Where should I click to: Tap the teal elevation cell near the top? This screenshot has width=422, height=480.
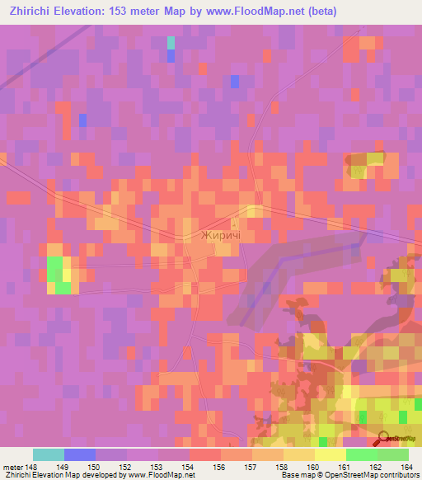pyautogui.click(x=171, y=42)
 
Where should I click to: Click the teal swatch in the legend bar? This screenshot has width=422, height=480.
pyautogui.click(x=49, y=454)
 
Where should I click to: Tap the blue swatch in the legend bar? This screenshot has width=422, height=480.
pyautogui.click(x=80, y=454)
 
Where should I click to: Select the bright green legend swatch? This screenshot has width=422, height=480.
pyautogui.click(x=362, y=454)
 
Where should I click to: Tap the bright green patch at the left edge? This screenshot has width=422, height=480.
pyautogui.click(x=57, y=273)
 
